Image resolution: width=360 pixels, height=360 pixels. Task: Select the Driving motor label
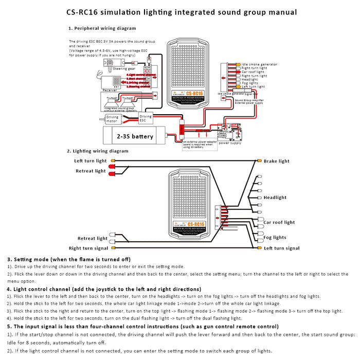coord(113,119)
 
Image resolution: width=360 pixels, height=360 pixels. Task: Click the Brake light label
coord(277,161)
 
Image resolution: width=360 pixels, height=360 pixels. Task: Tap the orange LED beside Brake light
coord(260,161)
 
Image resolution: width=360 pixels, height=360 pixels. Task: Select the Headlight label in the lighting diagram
coord(275,198)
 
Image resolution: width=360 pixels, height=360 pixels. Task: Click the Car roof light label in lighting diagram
coord(279,223)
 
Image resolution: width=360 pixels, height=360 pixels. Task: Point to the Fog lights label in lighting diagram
coord(275,238)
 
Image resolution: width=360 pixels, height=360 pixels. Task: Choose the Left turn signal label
coord(281,248)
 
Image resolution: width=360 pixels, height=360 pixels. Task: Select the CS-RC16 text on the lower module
coord(195,224)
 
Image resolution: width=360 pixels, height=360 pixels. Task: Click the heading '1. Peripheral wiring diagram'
coord(102,29)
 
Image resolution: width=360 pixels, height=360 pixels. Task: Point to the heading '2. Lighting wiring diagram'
coord(98,151)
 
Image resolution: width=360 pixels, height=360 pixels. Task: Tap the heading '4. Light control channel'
coord(46,289)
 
